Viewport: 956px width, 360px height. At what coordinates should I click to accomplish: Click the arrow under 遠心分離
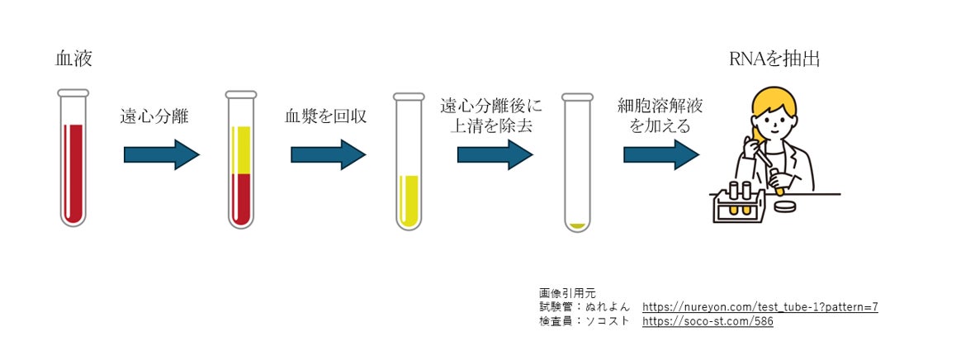[x=162, y=154]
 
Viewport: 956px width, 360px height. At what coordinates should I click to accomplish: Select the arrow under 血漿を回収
[x=329, y=154]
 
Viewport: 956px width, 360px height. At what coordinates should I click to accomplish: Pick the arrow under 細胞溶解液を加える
[x=661, y=154]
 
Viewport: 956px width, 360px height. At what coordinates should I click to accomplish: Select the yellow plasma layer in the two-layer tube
[x=240, y=149]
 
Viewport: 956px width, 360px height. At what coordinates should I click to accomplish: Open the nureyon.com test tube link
[x=760, y=307]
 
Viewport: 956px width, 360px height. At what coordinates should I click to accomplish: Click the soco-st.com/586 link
[x=708, y=321]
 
